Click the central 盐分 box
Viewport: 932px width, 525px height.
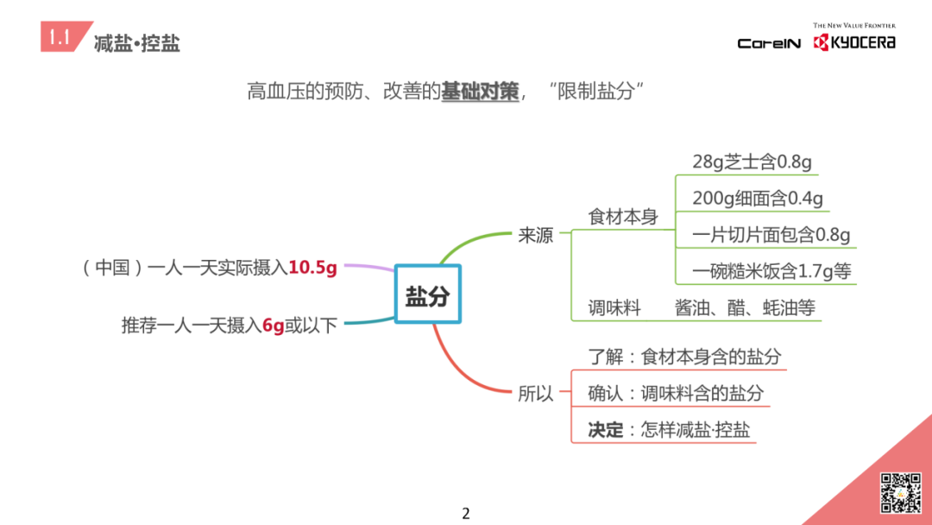[428, 296]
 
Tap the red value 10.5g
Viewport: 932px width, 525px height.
[312, 268]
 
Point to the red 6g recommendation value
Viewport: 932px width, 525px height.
[274, 326]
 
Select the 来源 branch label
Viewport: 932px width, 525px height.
[535, 235]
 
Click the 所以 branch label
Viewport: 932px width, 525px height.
[535, 394]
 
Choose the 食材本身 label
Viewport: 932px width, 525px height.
[623, 217]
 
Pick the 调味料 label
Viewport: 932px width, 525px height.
[614, 307]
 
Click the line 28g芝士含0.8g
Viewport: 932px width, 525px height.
[752, 161]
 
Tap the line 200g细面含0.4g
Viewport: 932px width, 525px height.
[758, 199]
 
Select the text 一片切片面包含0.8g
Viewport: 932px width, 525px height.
[771, 235]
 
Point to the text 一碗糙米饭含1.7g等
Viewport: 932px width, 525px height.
[771, 271]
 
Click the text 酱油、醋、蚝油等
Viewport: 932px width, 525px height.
[745, 307]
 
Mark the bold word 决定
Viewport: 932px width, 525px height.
[606, 429]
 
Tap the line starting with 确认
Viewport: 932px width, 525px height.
[676, 393]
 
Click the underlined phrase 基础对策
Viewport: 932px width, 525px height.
[480, 92]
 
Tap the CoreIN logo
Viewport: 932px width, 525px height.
[769, 43]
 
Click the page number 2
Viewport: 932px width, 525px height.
[466, 514]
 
